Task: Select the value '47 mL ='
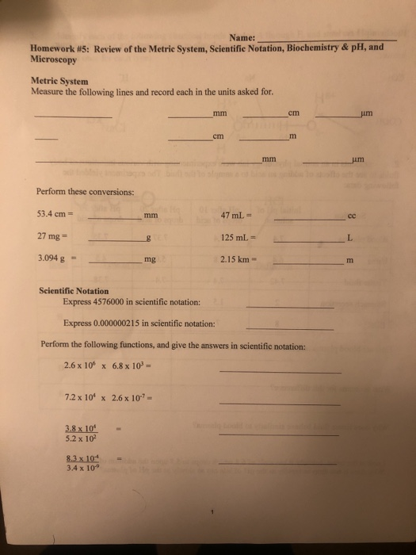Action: (237, 213)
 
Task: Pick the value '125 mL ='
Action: (239, 236)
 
